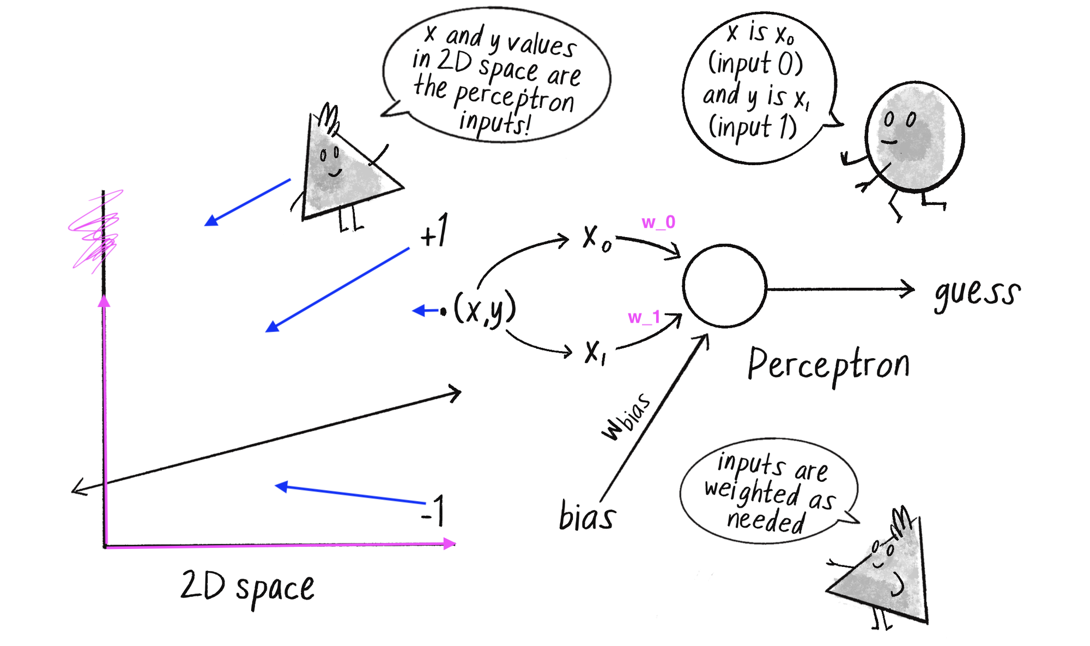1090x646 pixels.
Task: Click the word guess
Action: click(977, 294)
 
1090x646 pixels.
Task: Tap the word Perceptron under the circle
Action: click(828, 365)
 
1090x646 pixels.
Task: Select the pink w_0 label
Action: click(658, 222)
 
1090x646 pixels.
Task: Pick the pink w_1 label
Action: click(644, 317)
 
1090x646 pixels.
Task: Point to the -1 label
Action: click(434, 512)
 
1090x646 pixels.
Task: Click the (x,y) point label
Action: click(484, 310)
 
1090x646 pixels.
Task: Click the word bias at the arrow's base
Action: click(587, 516)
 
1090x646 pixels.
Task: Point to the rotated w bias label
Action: click(627, 417)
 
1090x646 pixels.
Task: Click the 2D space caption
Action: click(247, 588)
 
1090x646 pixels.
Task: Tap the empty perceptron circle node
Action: click(724, 286)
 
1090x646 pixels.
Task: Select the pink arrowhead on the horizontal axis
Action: click(450, 544)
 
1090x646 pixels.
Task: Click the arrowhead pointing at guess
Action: click(908, 289)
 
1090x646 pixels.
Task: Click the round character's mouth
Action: click(889, 142)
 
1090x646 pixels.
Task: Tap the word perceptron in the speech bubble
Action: click(513, 98)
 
